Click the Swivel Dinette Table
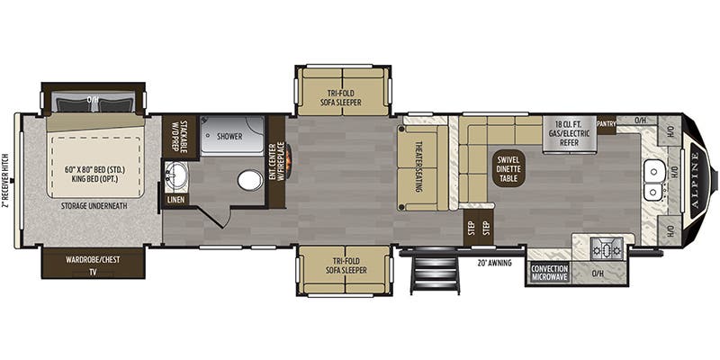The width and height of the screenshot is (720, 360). (x=507, y=169)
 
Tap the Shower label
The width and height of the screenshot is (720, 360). (x=232, y=137)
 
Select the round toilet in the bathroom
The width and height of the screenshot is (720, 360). (x=250, y=180)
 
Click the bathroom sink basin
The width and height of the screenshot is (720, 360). (x=176, y=174)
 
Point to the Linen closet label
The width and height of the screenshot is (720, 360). (x=176, y=199)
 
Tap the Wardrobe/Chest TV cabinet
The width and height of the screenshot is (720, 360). (x=94, y=264)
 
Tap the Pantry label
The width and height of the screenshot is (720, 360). (x=605, y=123)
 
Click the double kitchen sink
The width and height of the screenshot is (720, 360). (x=654, y=179)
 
